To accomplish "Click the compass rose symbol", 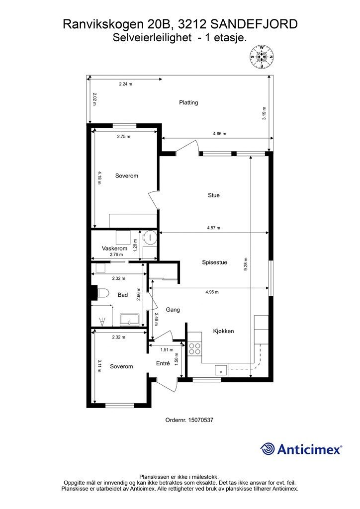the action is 262,57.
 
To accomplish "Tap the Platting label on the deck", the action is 188,102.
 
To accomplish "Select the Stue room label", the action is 214,195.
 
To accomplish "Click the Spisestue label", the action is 215,262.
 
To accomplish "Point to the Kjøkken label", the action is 223,331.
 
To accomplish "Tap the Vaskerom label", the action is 114,249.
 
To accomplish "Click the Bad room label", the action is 123,295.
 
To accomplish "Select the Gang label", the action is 173,310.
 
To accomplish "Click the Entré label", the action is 163,363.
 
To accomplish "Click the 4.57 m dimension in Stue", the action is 214,228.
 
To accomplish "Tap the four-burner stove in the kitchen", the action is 195,348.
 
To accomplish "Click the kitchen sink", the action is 221,370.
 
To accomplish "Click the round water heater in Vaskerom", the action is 150,237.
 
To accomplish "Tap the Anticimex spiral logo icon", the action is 268,449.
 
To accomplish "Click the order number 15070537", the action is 201,420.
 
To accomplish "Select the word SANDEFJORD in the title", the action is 254,24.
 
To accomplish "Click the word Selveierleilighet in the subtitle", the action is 152,38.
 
